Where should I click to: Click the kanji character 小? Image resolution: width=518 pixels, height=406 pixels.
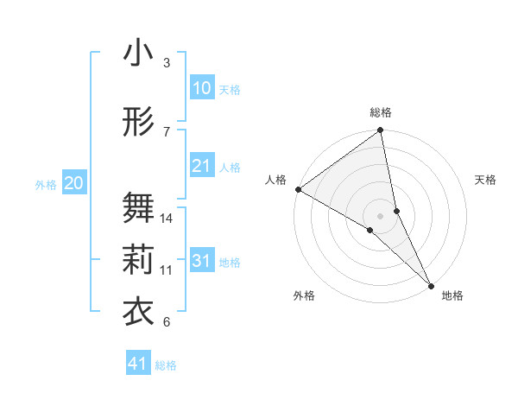pos(138,54)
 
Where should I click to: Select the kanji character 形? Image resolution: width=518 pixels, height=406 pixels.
pos(138,123)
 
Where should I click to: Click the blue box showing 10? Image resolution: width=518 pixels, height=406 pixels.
pos(201,88)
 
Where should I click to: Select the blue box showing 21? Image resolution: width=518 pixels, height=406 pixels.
pos(201,166)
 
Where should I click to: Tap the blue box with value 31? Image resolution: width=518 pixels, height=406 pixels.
pos(201,261)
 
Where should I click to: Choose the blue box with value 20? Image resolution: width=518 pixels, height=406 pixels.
pos(74,183)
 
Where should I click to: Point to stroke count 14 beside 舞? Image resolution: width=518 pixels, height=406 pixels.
pos(167,219)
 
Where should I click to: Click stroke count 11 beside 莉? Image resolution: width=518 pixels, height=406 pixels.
pos(167,270)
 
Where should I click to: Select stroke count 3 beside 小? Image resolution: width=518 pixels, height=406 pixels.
pos(167,63)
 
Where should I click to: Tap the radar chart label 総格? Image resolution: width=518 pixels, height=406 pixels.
pos(381,112)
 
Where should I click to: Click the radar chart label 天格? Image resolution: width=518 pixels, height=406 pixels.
pos(486,180)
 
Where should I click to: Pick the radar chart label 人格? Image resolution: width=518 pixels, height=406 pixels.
pos(276,180)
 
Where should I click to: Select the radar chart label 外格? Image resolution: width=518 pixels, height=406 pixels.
pos(304,296)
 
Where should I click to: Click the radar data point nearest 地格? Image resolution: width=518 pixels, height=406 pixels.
pos(431,284)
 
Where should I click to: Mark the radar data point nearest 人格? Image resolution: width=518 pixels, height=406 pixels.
pos(298,189)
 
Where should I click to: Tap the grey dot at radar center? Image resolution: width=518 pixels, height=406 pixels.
pos(380,215)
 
